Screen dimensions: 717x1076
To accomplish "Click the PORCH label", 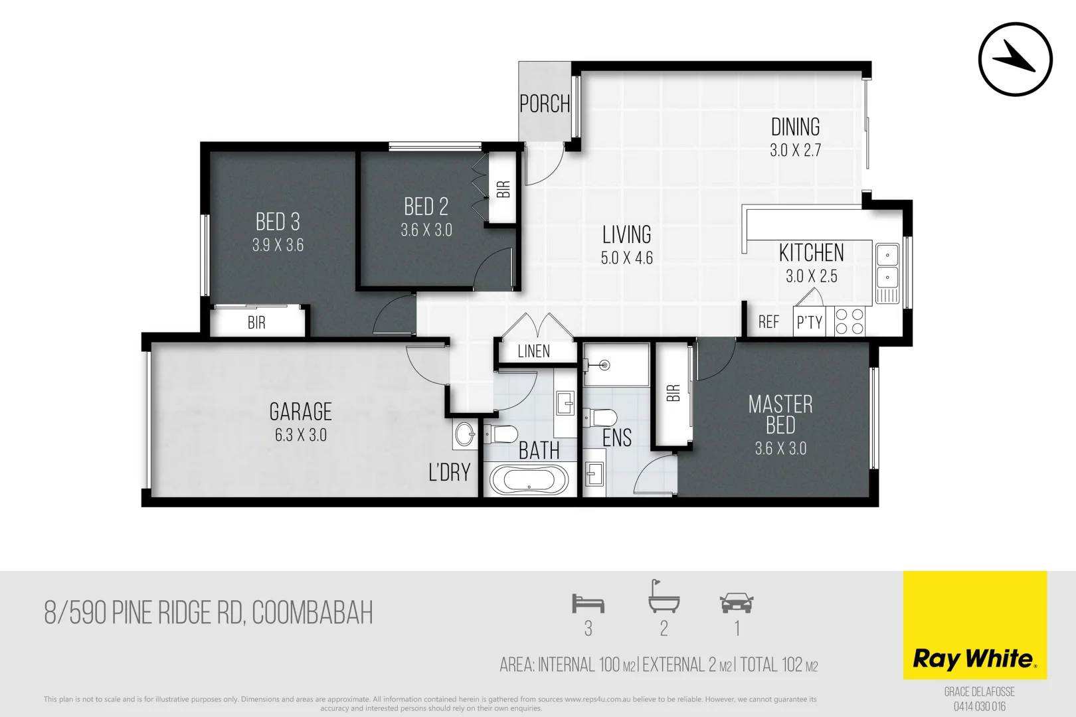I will click(x=545, y=104).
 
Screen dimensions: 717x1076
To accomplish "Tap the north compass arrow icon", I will click(x=1015, y=59).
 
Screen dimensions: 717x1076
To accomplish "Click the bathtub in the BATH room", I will click(x=529, y=479).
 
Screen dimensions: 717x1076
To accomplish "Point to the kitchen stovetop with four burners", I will click(x=850, y=321).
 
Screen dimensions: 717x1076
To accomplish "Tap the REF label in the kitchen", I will click(x=768, y=323).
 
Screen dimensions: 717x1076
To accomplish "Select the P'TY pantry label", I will click(x=810, y=323).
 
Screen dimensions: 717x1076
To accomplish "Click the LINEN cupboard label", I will click(x=534, y=352).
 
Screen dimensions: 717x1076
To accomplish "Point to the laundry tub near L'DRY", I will click(x=465, y=436).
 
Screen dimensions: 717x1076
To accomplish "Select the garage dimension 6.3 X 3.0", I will click(x=300, y=436).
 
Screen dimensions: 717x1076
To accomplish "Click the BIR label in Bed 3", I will click(x=256, y=323).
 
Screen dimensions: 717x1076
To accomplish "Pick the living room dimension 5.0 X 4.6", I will click(x=626, y=258).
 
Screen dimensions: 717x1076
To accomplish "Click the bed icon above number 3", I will click(x=588, y=603).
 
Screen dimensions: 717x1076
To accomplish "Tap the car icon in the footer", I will click(x=736, y=603).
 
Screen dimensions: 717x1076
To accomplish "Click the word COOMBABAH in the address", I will click(x=312, y=613).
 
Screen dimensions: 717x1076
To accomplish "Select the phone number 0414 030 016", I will click(x=979, y=706).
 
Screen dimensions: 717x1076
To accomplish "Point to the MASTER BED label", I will click(x=780, y=414).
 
